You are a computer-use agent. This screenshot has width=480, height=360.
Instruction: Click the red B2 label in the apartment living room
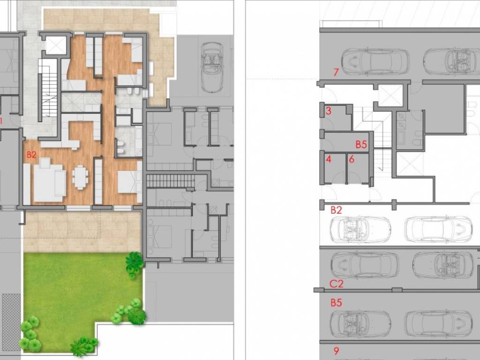coord(31,155)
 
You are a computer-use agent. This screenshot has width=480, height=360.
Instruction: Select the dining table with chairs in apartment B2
coord(80,177)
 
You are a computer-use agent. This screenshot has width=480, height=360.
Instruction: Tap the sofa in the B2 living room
coord(50,180)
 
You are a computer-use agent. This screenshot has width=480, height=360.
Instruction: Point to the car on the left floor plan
coord(212,67)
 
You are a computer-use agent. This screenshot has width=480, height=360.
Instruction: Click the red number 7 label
coord(336,72)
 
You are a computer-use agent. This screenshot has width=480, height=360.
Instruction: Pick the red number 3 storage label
coord(329,111)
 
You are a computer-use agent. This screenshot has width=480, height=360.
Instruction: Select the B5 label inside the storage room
coord(361,144)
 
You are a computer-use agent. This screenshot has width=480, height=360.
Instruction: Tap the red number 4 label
coord(329,159)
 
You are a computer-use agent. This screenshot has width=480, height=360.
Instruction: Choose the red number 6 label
coord(352,159)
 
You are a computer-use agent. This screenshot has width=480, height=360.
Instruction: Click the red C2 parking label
coord(337,284)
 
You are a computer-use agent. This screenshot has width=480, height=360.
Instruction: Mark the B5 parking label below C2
coord(336,303)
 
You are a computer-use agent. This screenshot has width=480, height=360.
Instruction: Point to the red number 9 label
coord(336,351)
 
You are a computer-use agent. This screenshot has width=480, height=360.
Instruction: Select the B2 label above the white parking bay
coord(336,210)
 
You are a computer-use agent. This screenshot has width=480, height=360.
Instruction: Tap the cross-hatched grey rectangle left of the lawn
coord(11,322)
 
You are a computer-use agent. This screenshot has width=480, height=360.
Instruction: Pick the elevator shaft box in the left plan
coord(56,45)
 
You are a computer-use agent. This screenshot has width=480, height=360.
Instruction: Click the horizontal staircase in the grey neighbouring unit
coord(170,180)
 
